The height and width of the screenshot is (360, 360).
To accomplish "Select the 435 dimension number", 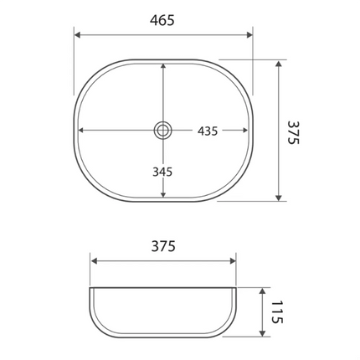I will (x=208, y=131).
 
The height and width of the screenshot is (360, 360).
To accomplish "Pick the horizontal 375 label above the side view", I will (x=162, y=246).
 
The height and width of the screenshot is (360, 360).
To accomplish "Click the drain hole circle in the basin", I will (x=162, y=130).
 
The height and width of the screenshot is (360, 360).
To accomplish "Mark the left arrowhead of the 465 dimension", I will (x=78, y=35).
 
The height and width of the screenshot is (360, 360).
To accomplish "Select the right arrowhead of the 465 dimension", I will (x=249, y=35).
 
